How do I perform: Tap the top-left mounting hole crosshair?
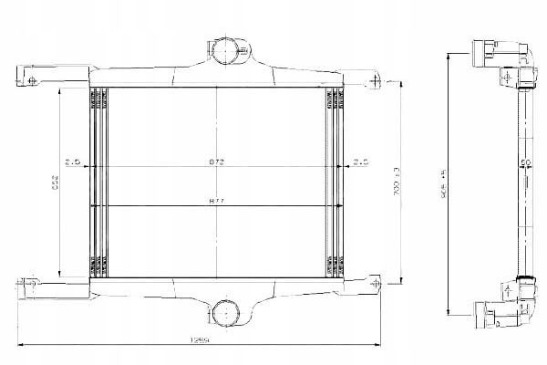pos(33,81)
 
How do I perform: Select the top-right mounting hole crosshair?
pos(373,82)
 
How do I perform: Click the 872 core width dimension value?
pos(217,162)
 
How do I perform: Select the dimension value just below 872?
pos(217,200)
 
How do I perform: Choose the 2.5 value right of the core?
pos(359,162)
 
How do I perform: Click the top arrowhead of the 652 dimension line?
pos(61,89)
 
